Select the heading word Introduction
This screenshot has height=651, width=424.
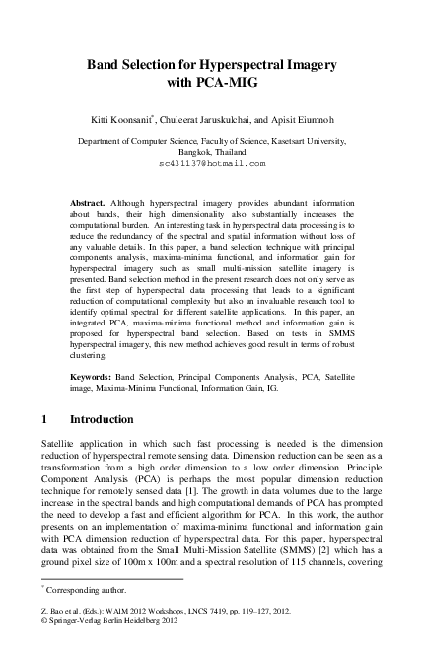[102, 420]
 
